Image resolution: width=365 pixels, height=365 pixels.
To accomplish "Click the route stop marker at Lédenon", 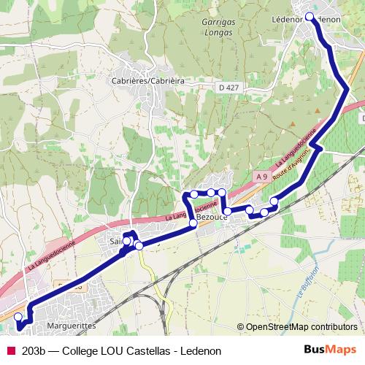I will point(310,16).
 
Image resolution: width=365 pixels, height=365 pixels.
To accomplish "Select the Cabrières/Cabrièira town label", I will point(147,80).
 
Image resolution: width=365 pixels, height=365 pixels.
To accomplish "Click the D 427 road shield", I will point(229,88).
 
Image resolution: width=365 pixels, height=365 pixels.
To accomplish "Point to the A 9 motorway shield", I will point(261,176).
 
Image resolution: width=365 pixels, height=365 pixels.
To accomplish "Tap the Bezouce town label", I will point(212,218).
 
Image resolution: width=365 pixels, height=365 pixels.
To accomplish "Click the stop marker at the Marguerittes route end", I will point(18,317).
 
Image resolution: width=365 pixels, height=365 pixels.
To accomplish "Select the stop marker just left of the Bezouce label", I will point(193,223).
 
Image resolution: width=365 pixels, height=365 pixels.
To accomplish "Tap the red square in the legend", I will point(10,351).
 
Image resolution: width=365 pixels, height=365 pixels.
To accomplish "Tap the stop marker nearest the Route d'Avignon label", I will point(274,201).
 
